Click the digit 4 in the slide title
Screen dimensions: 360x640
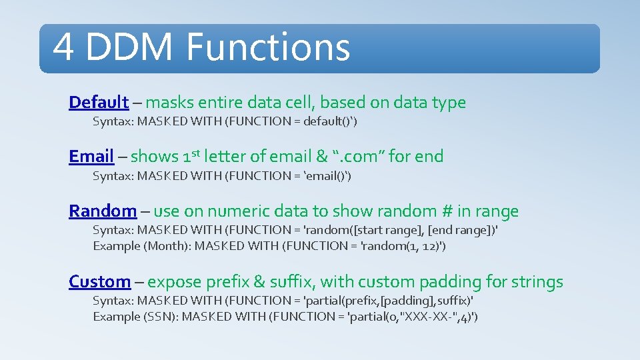point(64,47)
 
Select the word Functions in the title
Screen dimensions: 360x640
point(268,47)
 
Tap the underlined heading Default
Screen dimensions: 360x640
point(99,103)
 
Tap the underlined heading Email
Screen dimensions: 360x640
point(91,157)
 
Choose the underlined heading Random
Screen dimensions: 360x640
point(103,211)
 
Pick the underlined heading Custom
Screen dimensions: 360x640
point(100,282)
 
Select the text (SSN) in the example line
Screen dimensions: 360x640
point(160,317)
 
